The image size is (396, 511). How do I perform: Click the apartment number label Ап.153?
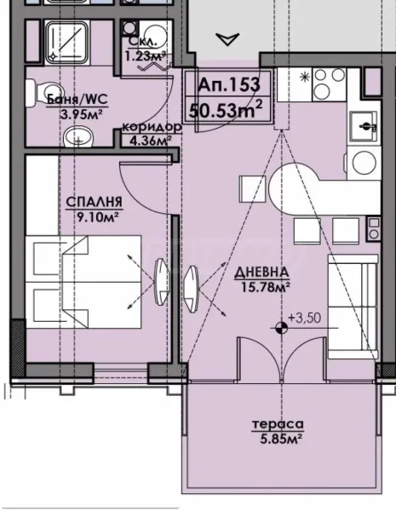[227, 86]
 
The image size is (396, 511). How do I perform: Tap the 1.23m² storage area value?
[146, 56]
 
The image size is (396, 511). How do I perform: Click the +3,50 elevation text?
[302, 319]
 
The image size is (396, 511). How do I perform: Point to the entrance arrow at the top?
[227, 38]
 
